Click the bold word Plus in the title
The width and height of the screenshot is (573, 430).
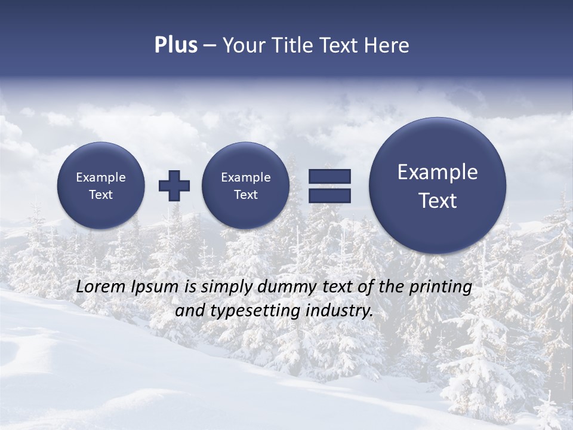coord(175,45)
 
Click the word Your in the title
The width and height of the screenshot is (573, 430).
coord(245,45)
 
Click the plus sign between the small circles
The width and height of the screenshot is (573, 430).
coord(174,186)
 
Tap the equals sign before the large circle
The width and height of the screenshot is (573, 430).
coord(329,186)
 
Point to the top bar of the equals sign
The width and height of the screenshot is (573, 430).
coord(329,177)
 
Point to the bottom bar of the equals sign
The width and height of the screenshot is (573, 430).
coord(329,195)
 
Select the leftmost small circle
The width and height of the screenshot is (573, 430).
coord(101,186)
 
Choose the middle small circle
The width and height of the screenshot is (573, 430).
coord(246,186)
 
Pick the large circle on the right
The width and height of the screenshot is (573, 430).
coord(438,186)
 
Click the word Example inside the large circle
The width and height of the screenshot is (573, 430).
coord(438,172)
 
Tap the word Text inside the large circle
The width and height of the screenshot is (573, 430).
coord(438,201)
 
